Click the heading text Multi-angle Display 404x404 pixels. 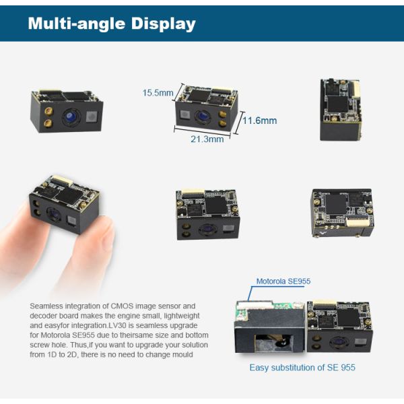click(112, 24)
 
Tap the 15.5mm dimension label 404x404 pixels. click(158, 93)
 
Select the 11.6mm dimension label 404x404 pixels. click(260, 121)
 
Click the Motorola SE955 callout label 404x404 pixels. click(283, 281)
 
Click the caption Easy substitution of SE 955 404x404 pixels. click(302, 368)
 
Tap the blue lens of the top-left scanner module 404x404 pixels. click(69, 119)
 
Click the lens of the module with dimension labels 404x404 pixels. click(201, 116)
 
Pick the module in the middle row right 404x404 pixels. click(342, 213)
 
